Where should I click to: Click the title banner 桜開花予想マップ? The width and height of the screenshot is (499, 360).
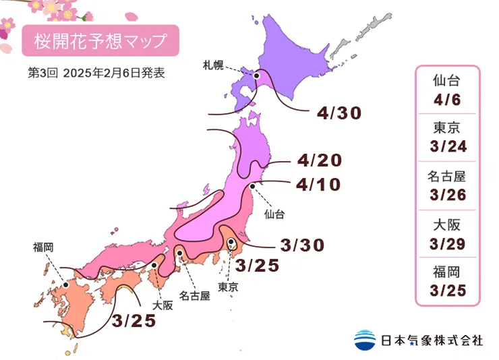pos(100,40)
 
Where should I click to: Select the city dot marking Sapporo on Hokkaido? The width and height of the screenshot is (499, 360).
pos(257,77)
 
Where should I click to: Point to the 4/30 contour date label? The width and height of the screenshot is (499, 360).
pos(339,113)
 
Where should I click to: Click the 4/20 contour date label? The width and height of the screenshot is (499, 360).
pos(319,160)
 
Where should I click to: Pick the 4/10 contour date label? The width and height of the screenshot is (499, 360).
pos(319,183)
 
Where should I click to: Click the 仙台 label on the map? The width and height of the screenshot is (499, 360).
pos(274,214)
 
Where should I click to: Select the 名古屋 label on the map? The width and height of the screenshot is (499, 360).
pos(194,295)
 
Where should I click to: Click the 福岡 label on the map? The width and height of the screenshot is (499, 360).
pos(43,247)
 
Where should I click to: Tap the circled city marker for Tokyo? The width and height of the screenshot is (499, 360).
pos(231,242)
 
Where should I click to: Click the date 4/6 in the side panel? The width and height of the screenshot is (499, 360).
pos(446,100)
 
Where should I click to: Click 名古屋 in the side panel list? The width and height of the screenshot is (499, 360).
pos(446,177)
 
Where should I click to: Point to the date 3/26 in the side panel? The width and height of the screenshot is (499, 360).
pos(446,195)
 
